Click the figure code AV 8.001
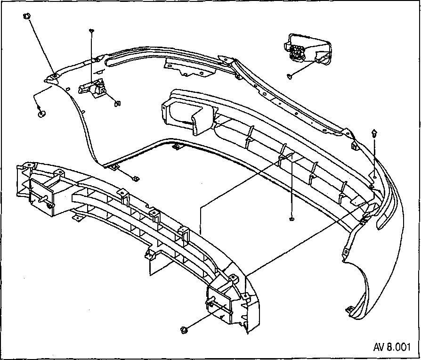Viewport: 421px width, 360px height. [392, 347]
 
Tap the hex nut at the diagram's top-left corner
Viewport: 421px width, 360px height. [26, 16]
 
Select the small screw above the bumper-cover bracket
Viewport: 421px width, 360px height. [91, 31]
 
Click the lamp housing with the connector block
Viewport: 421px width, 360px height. [308, 49]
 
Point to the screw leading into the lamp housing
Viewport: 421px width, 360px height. [290, 76]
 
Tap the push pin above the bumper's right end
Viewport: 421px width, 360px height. [374, 133]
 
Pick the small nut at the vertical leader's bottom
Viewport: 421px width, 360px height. [292, 219]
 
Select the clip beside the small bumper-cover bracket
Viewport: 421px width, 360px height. [117, 103]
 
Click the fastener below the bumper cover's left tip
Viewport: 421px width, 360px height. [41, 114]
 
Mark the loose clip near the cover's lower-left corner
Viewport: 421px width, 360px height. [136, 178]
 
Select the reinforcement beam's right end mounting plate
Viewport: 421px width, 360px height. [219, 303]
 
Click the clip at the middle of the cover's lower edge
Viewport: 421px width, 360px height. [176, 147]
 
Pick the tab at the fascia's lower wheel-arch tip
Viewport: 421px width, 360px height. [349, 309]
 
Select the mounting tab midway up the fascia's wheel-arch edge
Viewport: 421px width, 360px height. [346, 252]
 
